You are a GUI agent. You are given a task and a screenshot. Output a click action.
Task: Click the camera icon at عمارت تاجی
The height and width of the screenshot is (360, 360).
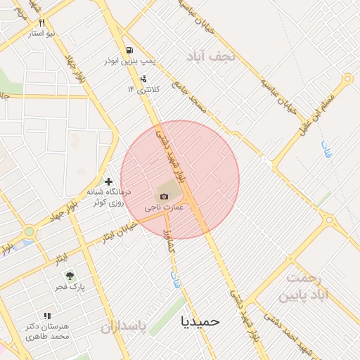164,196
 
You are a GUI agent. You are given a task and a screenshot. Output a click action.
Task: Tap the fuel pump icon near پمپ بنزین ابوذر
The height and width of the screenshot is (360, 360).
129,50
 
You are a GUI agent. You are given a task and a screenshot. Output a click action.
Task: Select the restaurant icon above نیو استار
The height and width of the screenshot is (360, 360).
42,23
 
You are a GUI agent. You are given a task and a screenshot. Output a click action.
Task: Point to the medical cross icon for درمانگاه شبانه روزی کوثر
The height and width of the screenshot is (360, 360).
108,181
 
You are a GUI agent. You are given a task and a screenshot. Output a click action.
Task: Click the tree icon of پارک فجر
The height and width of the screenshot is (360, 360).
69,276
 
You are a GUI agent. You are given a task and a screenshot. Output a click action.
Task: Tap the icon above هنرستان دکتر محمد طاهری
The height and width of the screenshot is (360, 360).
47,316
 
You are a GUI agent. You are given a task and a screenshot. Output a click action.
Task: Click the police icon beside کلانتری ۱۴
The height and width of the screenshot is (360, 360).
143,79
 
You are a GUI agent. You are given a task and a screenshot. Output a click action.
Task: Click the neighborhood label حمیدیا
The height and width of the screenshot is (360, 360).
200,321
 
